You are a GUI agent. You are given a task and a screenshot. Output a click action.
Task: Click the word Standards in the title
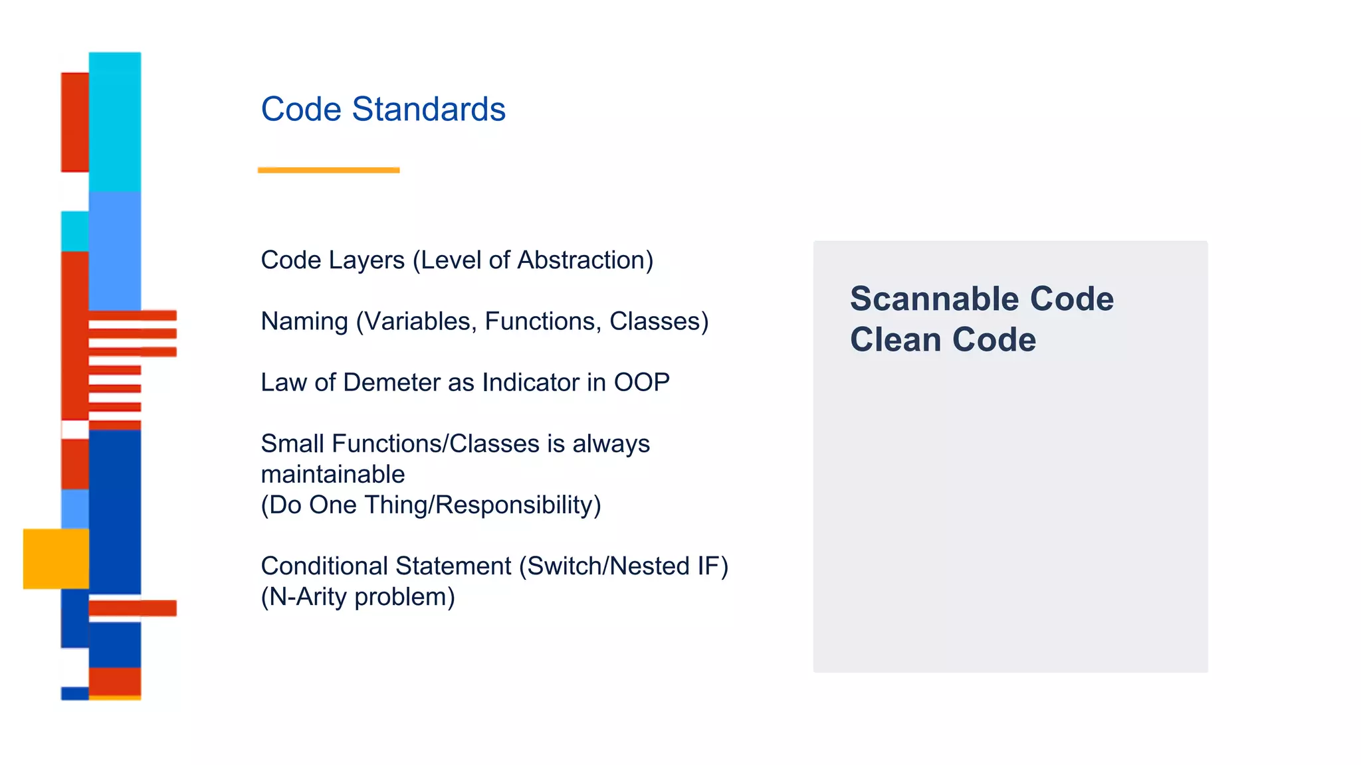point(429,109)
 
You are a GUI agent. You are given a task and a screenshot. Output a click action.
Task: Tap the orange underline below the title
point(328,171)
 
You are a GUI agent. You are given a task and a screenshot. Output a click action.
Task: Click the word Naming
point(304,321)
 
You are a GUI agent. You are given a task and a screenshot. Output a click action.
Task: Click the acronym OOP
point(641,382)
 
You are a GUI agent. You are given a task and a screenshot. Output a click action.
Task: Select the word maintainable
point(332,474)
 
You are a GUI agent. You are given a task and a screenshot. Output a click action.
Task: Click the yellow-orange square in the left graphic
point(56,558)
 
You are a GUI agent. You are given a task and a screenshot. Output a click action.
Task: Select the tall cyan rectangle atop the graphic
point(115,122)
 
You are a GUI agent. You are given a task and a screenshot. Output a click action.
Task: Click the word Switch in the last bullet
point(563,566)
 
